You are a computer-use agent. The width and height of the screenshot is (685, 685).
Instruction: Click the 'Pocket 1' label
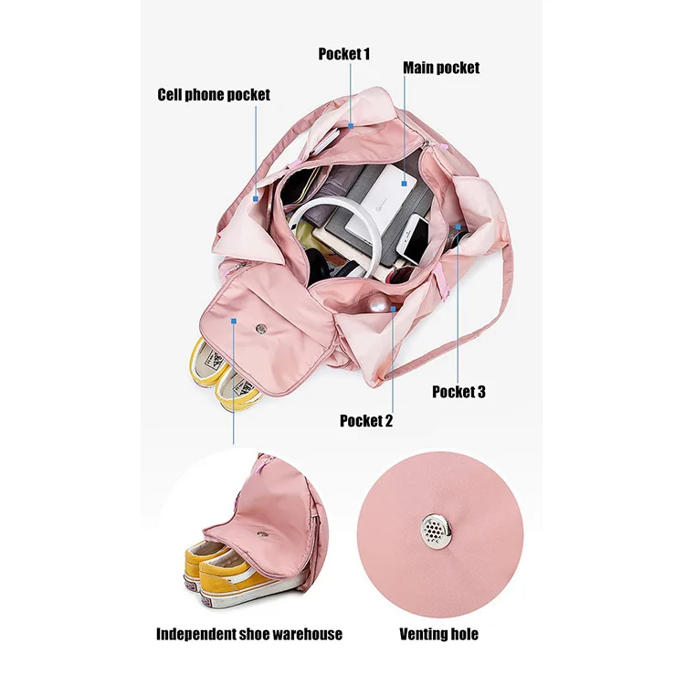point(344,54)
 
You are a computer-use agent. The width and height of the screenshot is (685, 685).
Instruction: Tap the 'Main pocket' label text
point(441,68)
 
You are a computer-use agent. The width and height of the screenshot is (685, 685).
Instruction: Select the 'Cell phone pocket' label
point(214,94)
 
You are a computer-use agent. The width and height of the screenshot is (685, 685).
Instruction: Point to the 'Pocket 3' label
point(458,392)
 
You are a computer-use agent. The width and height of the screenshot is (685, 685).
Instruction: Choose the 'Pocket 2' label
point(366,421)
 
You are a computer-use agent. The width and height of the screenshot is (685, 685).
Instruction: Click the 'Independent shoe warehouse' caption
point(249,634)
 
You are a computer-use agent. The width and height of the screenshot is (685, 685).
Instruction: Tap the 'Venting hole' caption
point(438,634)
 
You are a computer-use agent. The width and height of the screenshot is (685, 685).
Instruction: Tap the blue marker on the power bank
point(401,184)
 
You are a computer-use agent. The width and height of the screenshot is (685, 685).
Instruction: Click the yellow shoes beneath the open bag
point(219,374)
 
